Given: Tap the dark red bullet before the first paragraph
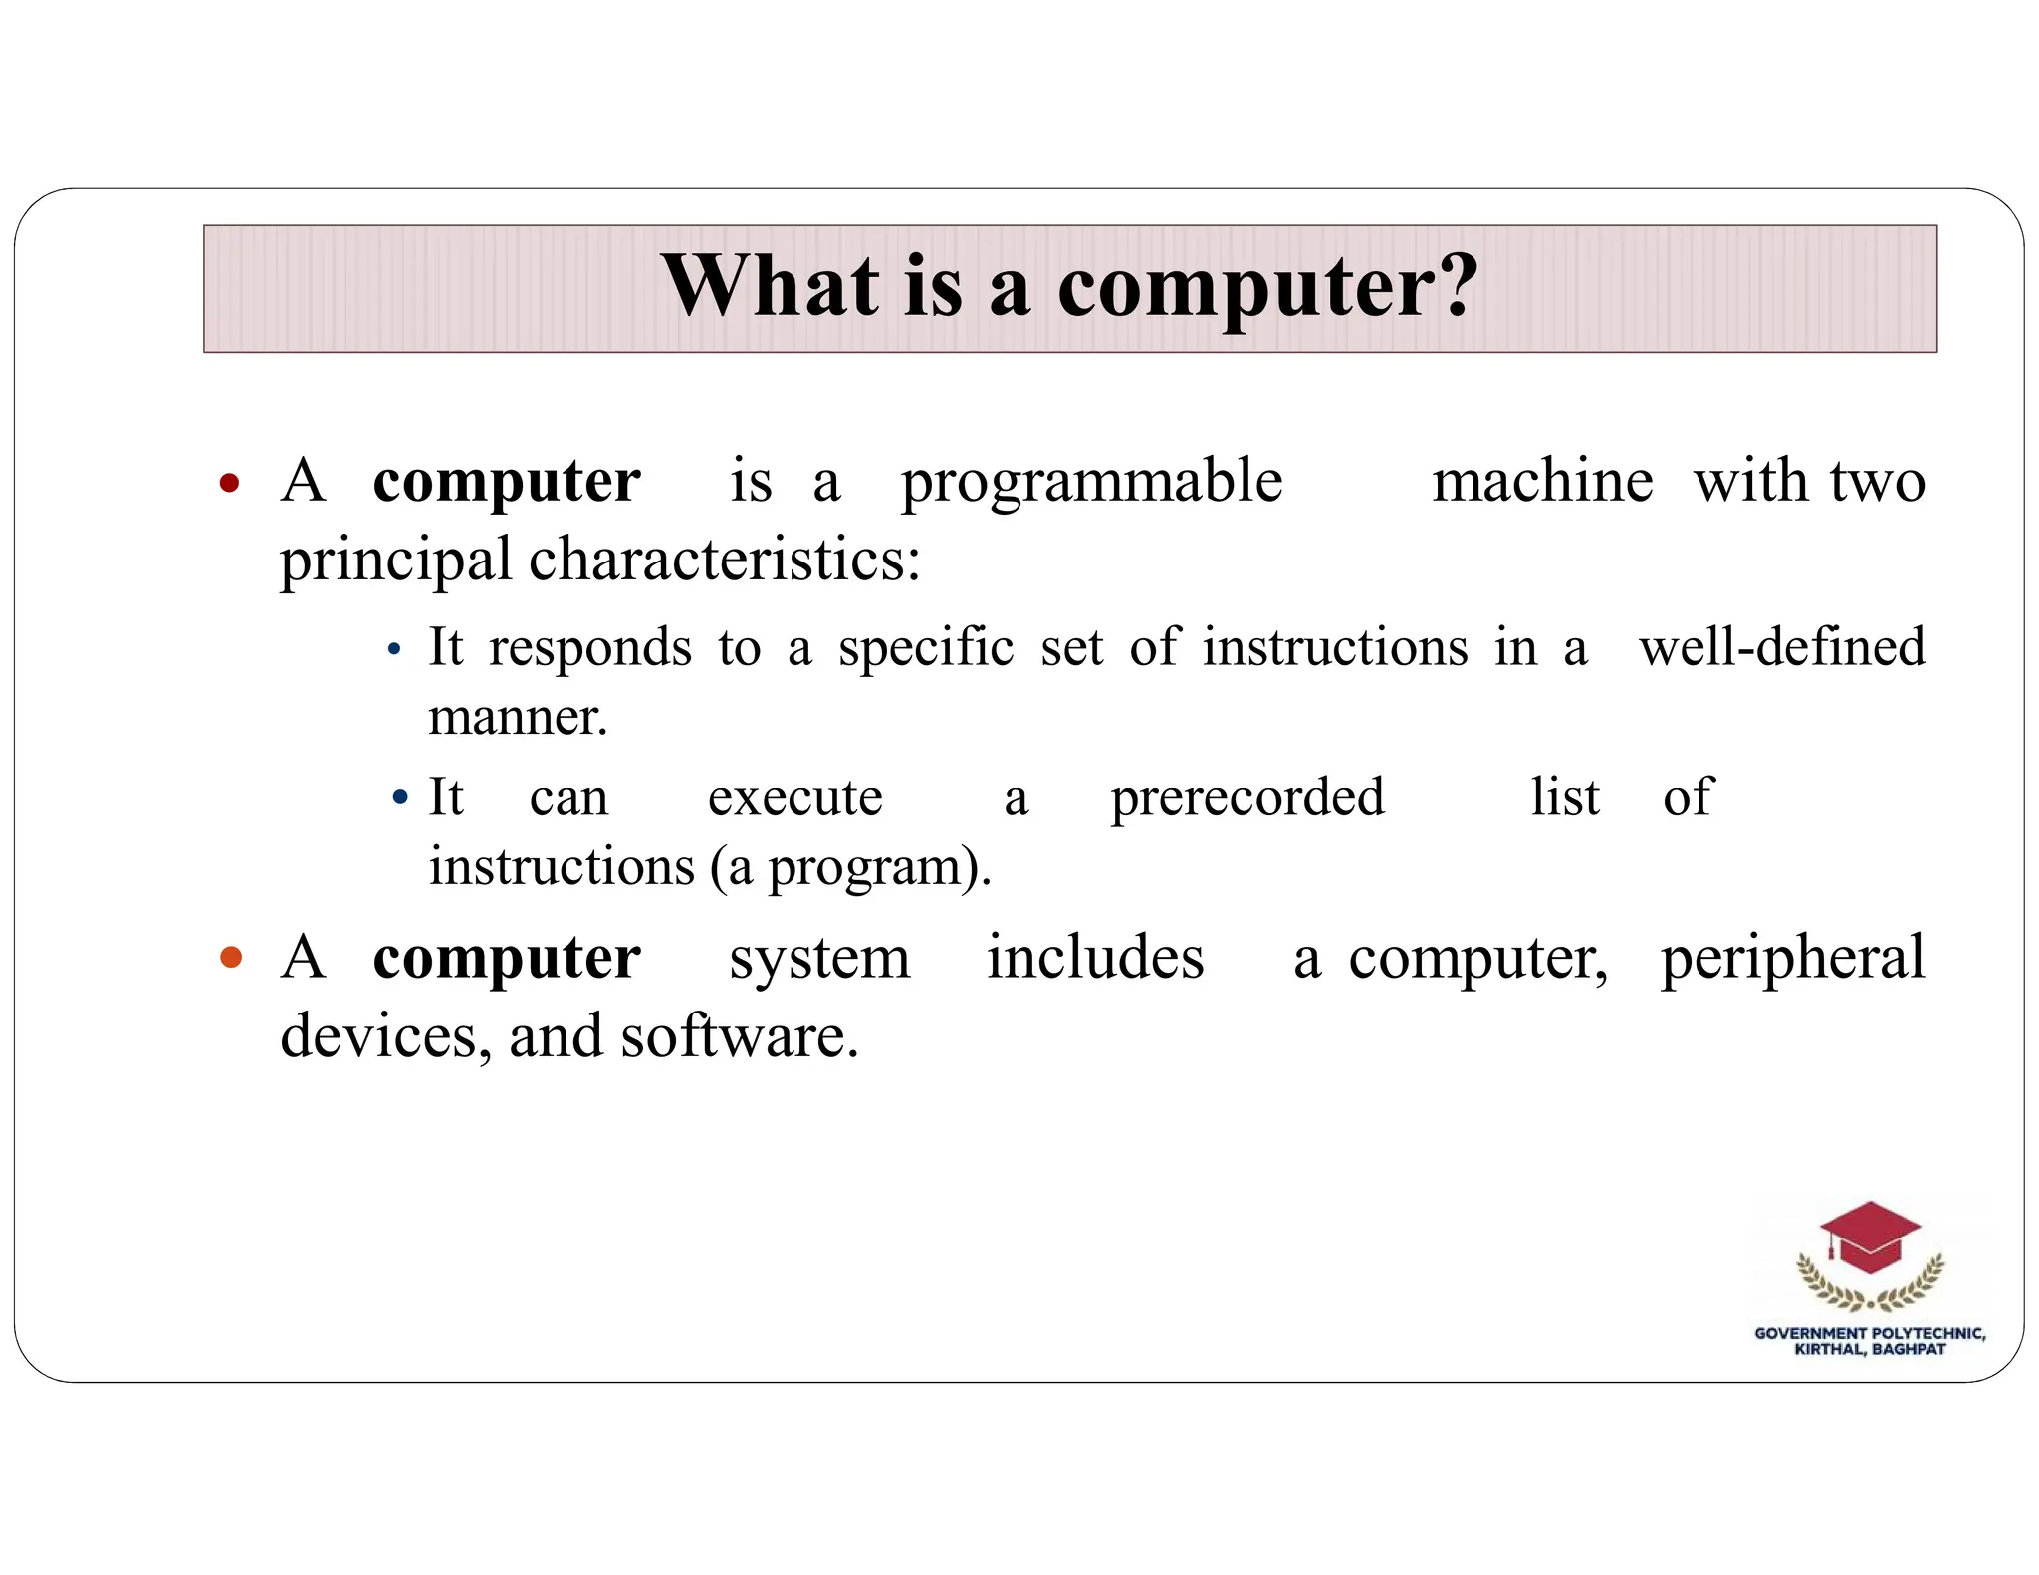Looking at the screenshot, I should point(230,484).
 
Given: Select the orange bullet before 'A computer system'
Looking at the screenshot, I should point(231,958).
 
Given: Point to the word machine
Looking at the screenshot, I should point(1542,481).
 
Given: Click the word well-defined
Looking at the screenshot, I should point(1781,647).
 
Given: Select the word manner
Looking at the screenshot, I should point(517,717).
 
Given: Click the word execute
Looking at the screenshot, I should point(794,798).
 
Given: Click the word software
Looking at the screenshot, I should point(738,1037).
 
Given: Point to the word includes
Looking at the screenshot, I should point(1095,958).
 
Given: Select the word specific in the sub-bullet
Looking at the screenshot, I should point(926,648).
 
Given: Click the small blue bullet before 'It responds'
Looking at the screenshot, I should point(394,650).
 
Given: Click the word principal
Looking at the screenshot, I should point(395,561).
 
